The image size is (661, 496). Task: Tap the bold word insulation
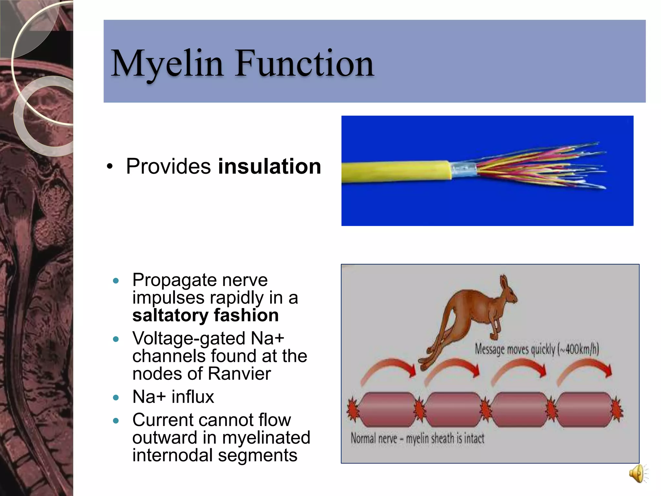(x=269, y=167)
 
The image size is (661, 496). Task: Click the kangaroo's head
(x=507, y=289)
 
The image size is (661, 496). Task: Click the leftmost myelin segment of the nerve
(x=386, y=409)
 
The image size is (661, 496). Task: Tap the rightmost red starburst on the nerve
(x=617, y=409)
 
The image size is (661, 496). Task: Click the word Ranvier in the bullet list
(x=239, y=374)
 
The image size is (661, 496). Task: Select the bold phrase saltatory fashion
(x=205, y=315)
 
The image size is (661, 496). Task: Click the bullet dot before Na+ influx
(x=116, y=398)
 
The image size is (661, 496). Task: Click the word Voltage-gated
(x=189, y=339)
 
